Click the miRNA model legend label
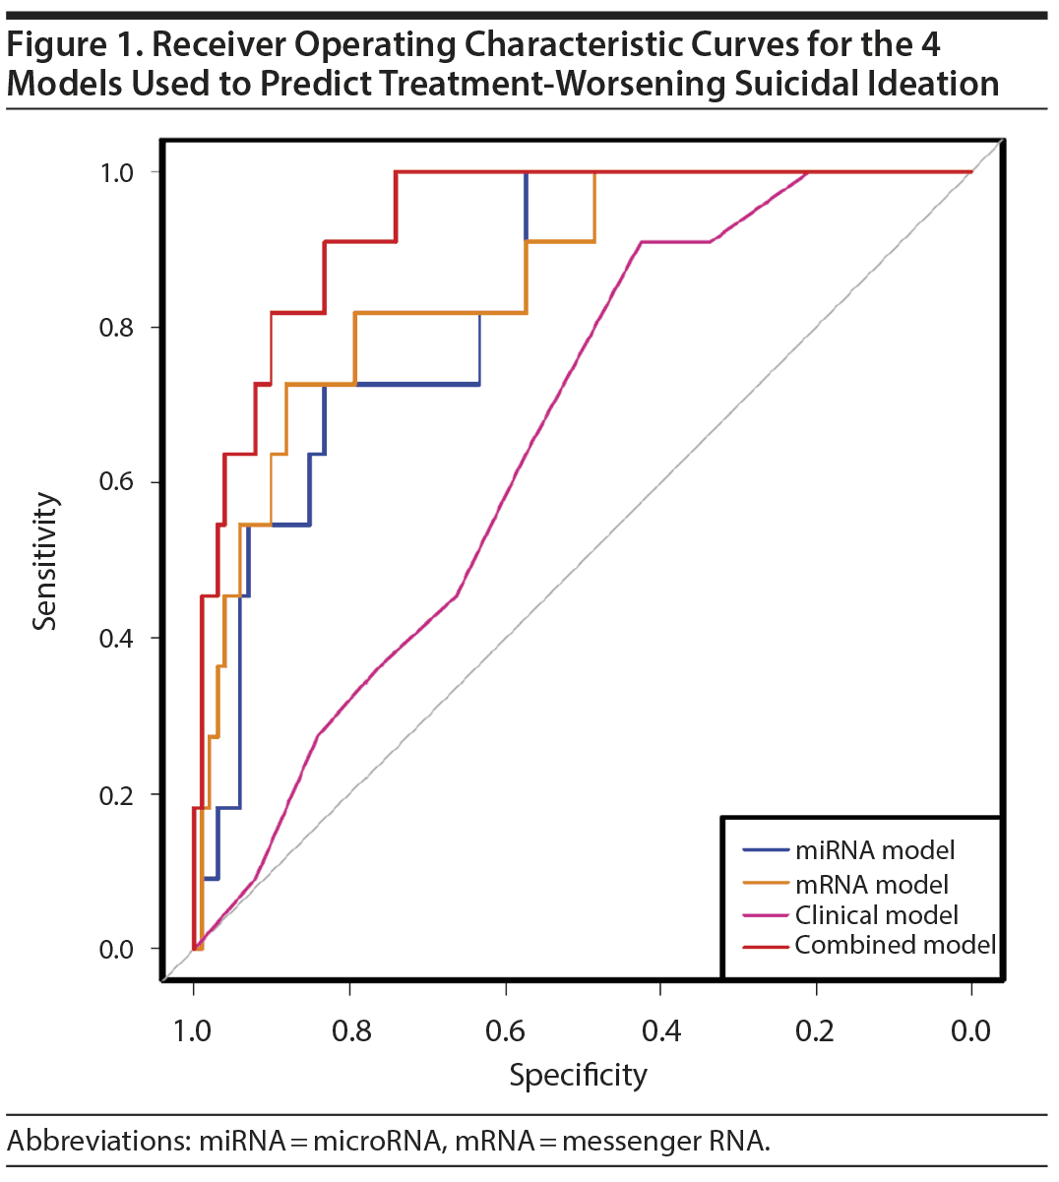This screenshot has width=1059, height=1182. pos(874,850)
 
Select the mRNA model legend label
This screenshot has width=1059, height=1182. pos(871,884)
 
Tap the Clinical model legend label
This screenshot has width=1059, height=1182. pos(876,915)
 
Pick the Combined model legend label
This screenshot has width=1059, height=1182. pos(895,945)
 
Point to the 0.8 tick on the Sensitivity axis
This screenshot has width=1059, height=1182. pos(116,328)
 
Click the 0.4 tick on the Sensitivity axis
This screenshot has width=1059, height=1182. pos(116,639)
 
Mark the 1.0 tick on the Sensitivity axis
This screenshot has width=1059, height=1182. pos(116,173)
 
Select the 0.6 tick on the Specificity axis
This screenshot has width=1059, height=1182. pos(505,1030)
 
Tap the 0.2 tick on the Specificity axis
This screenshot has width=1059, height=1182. pos(816,1030)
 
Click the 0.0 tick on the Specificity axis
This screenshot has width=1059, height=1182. pos(971,1030)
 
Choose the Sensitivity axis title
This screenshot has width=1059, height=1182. pos(45,561)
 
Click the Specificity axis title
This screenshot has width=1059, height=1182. pos(578,1075)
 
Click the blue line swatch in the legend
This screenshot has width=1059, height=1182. pos(766,850)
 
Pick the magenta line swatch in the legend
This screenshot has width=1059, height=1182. pos(766,915)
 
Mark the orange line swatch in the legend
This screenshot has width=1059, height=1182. pos(766,884)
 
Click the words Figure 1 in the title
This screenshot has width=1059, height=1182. pos(73,45)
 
